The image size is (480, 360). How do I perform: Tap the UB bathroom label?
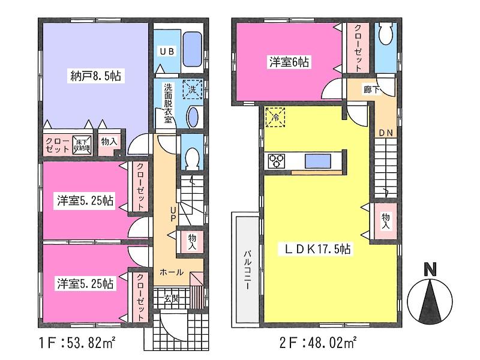pyautogui.click(x=166, y=52)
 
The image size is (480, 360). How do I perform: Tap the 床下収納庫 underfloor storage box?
pyautogui.click(x=82, y=145)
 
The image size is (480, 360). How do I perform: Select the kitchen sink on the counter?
pyautogui.click(x=316, y=161)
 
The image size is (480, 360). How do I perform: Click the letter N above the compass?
pyautogui.click(x=430, y=271)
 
